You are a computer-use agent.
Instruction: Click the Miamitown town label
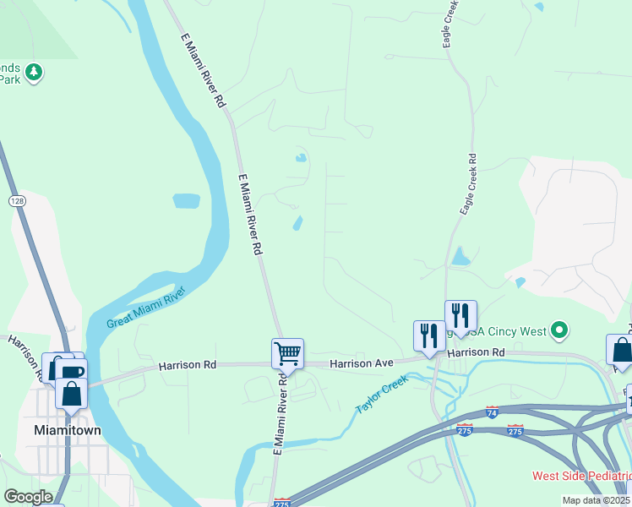pos(67,430)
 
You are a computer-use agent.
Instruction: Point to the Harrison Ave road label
pos(361,363)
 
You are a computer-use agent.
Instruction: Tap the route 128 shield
pos(17,200)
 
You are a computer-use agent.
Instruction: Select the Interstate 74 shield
pos(493,412)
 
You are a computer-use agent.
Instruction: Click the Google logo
pos(28,497)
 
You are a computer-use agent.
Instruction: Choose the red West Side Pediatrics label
pos(581,476)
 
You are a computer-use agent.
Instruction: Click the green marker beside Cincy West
pos(558,330)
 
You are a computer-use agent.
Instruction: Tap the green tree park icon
pos(34,72)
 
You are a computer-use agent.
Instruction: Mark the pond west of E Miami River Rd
pos(186,201)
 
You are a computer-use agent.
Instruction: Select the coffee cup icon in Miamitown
pos(73,372)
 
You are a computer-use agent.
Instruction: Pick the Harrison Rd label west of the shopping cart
pos(188,365)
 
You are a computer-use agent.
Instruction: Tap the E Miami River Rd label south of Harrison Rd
pos(278,414)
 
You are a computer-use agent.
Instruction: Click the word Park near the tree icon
pos(9,79)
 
